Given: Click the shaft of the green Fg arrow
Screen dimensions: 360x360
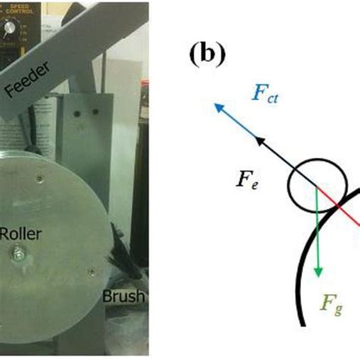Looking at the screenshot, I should (x=318, y=235).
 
